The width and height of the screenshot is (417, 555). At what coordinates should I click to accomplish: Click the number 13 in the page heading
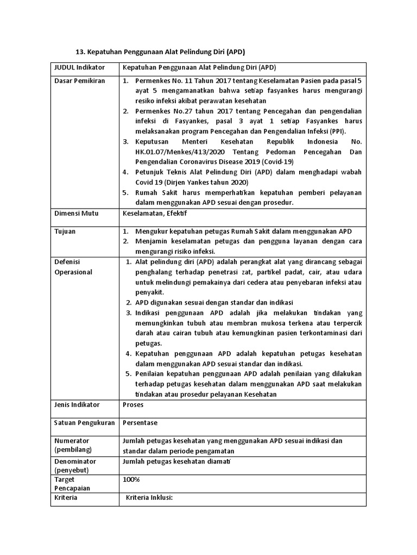point(78,53)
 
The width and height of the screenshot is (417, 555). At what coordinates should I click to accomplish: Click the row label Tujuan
point(65,231)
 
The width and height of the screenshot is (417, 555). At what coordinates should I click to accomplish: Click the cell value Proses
point(134,404)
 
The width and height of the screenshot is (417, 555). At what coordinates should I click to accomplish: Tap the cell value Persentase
point(140,423)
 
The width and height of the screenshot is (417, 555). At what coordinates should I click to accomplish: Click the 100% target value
point(131,479)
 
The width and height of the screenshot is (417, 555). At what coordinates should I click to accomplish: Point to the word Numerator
point(72,441)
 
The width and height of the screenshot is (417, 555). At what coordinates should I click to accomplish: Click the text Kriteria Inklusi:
point(149,498)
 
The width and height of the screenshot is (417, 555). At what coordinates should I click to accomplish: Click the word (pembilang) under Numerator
point(73,450)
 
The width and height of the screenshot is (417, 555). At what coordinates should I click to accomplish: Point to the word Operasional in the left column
point(74,272)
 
